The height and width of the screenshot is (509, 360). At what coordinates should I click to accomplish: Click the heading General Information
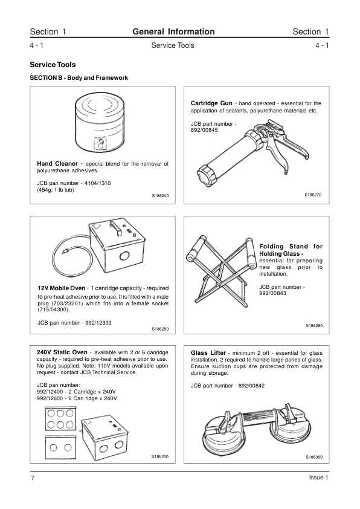click(x=173, y=31)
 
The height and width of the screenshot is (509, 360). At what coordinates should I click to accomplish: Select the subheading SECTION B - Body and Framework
click(x=79, y=78)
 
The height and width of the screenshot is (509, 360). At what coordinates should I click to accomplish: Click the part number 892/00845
click(x=204, y=130)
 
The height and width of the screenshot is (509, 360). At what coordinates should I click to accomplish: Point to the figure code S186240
click(x=160, y=196)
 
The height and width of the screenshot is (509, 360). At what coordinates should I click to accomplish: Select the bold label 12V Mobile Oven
click(x=61, y=288)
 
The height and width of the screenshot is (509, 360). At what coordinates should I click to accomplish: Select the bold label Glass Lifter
click(x=208, y=353)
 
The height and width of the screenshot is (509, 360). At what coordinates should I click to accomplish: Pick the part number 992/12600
click(x=50, y=398)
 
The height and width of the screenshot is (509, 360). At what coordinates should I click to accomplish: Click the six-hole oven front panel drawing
click(x=60, y=419)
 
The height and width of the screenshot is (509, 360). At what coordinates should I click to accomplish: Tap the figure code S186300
click(x=314, y=457)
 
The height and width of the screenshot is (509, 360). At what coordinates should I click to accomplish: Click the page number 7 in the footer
click(x=32, y=478)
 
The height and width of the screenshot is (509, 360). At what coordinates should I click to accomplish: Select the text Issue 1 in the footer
click(x=319, y=478)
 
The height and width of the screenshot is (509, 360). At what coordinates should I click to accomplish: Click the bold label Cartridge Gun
click(x=211, y=103)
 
